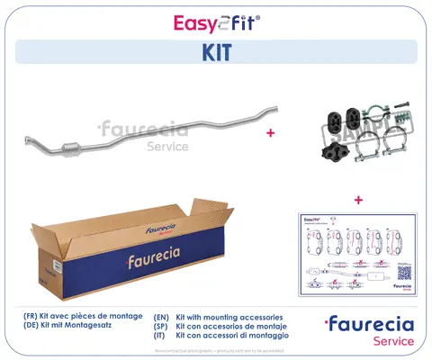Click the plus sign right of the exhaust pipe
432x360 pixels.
pyautogui.click(x=269, y=132)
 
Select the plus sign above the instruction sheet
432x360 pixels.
pyautogui.click(x=358, y=199)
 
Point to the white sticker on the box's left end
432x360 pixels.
pyautogui.click(x=54, y=265)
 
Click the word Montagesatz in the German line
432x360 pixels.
pyautogui.click(x=108, y=328)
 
